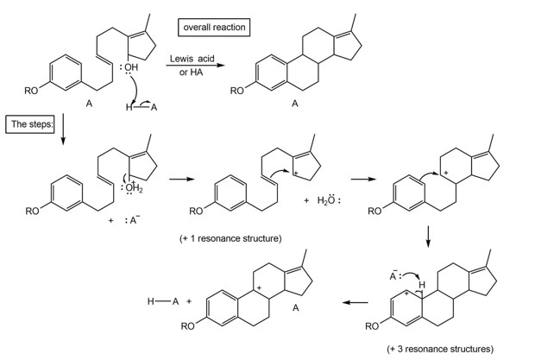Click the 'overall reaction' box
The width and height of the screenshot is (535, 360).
click(214, 28)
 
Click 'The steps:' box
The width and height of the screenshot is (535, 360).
click(31, 124)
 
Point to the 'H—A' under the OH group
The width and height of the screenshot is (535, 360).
click(142, 107)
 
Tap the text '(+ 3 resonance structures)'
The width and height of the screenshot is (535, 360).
click(440, 349)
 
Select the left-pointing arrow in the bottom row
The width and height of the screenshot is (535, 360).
click(354, 303)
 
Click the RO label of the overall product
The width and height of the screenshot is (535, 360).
click(238, 90)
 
